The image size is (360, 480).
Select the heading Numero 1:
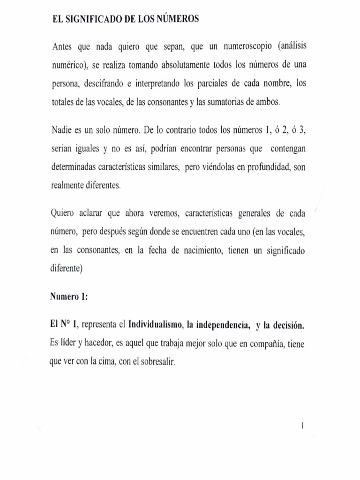point(69,297)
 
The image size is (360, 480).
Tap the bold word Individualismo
point(155,325)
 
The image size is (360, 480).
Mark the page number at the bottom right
point(304,426)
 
